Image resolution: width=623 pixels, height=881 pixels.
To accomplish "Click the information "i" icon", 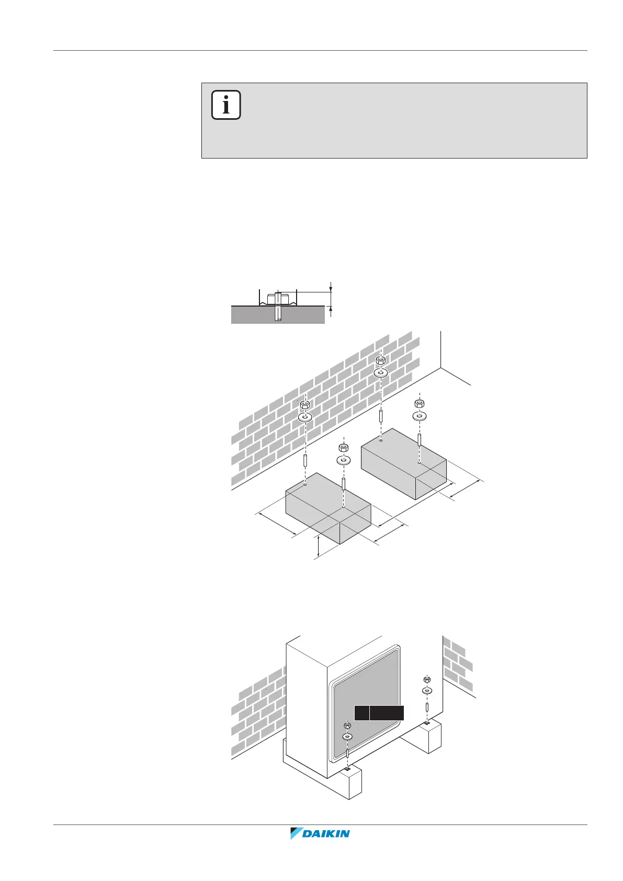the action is click(x=226, y=105).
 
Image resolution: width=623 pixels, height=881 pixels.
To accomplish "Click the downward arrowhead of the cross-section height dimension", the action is click(x=331, y=288).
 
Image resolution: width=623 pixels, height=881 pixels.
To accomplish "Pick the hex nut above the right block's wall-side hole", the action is click(x=381, y=360).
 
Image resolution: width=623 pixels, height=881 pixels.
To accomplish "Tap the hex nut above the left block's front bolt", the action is click(x=344, y=448).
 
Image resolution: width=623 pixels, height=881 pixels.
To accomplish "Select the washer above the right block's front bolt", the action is click(x=419, y=416).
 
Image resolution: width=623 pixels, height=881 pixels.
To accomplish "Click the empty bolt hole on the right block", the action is click(x=381, y=440).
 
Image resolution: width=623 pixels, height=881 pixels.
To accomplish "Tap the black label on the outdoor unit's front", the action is click(x=379, y=713).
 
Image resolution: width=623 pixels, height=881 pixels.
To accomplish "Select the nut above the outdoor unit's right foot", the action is click(x=427, y=680).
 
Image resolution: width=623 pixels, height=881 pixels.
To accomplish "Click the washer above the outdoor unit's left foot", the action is click(x=347, y=737).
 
